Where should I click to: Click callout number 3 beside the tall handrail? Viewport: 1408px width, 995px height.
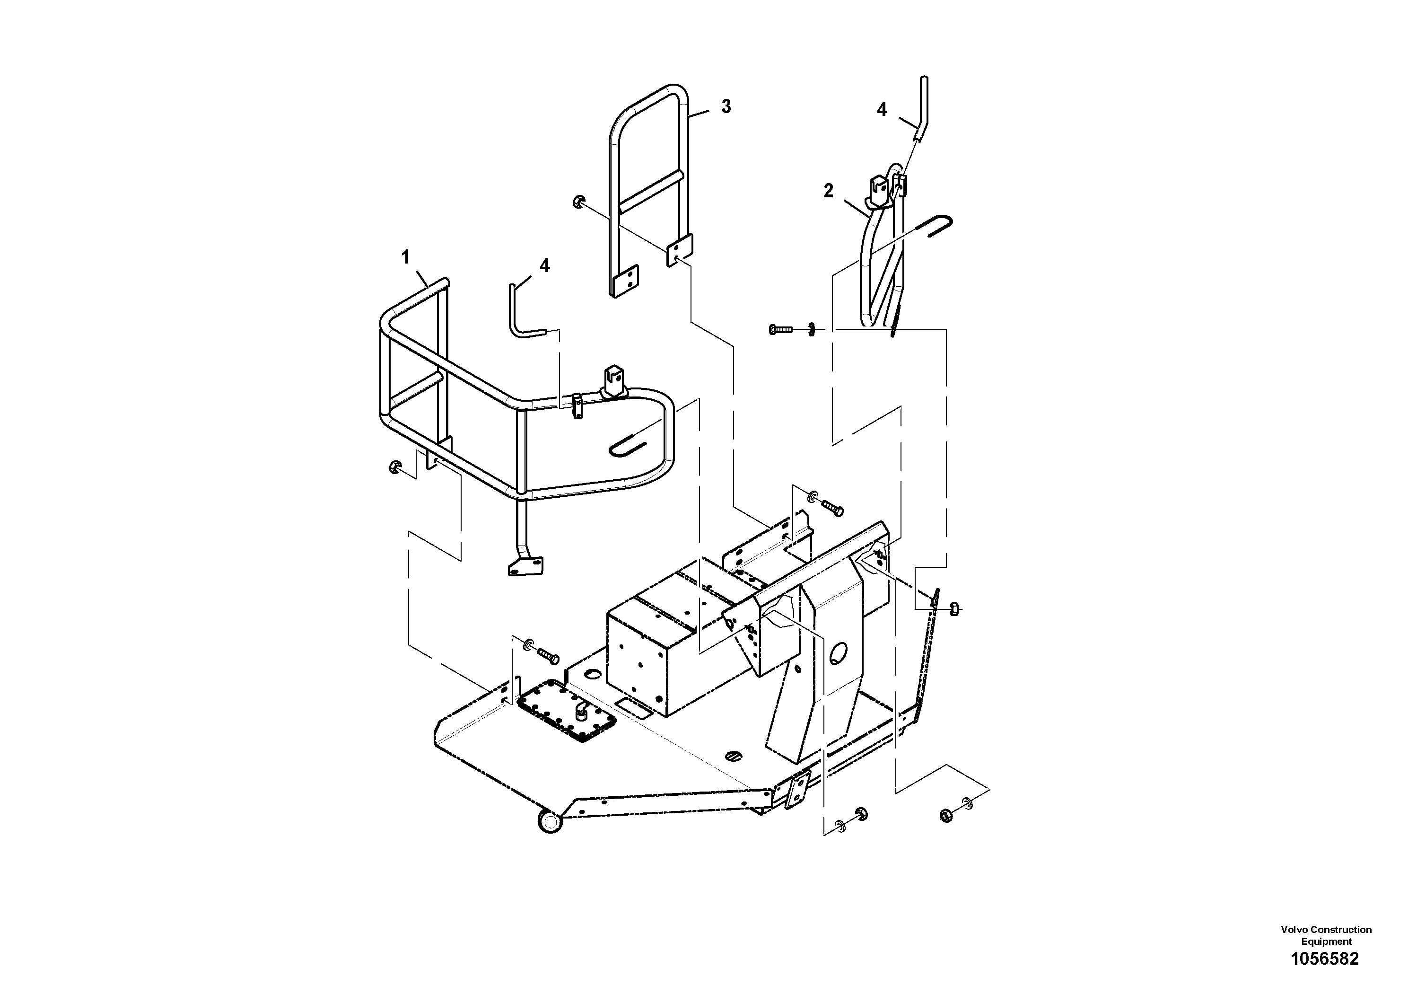point(726,107)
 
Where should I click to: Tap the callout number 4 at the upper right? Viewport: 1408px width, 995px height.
point(882,110)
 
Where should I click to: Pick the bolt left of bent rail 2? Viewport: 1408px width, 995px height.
point(780,329)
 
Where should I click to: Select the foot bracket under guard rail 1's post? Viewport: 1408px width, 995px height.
point(526,566)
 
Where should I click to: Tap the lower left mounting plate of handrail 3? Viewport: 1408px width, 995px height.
point(624,282)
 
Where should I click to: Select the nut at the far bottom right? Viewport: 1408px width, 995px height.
point(946,815)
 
